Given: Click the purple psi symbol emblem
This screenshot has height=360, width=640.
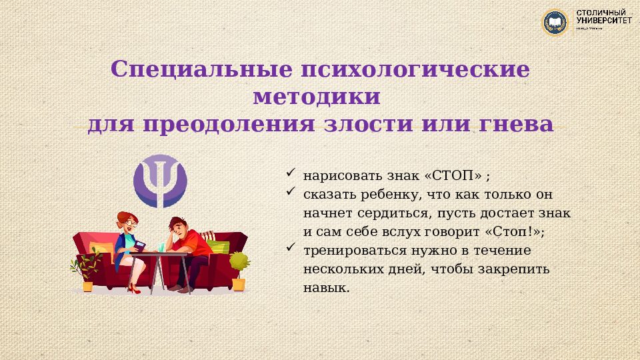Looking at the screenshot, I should coord(160,181).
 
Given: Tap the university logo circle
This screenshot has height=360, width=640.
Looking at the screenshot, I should coord(554,23).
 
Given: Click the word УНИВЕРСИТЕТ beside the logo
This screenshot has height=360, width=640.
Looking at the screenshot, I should coord(605,21).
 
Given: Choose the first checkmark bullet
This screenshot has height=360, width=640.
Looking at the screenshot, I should coord(290,173).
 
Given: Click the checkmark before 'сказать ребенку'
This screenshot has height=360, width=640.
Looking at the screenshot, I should coord(290,192).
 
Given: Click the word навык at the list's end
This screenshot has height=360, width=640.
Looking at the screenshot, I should coord(326,288).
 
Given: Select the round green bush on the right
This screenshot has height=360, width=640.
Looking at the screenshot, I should coord(238,261).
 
